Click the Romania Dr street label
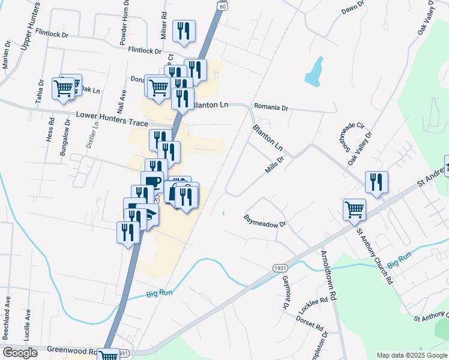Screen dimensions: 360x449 pyautogui.click(x=271, y=108)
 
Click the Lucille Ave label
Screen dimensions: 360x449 pyautogui.click(x=28, y=324)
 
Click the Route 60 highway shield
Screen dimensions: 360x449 pyautogui.click(x=223, y=5)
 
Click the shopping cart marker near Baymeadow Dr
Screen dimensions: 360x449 pyautogui.click(x=354, y=209)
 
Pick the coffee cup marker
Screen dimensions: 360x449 pyautogui.click(x=152, y=181)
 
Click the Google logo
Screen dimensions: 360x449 pyautogui.click(x=20, y=353)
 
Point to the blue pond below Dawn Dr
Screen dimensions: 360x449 pyautogui.click(x=314, y=72)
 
